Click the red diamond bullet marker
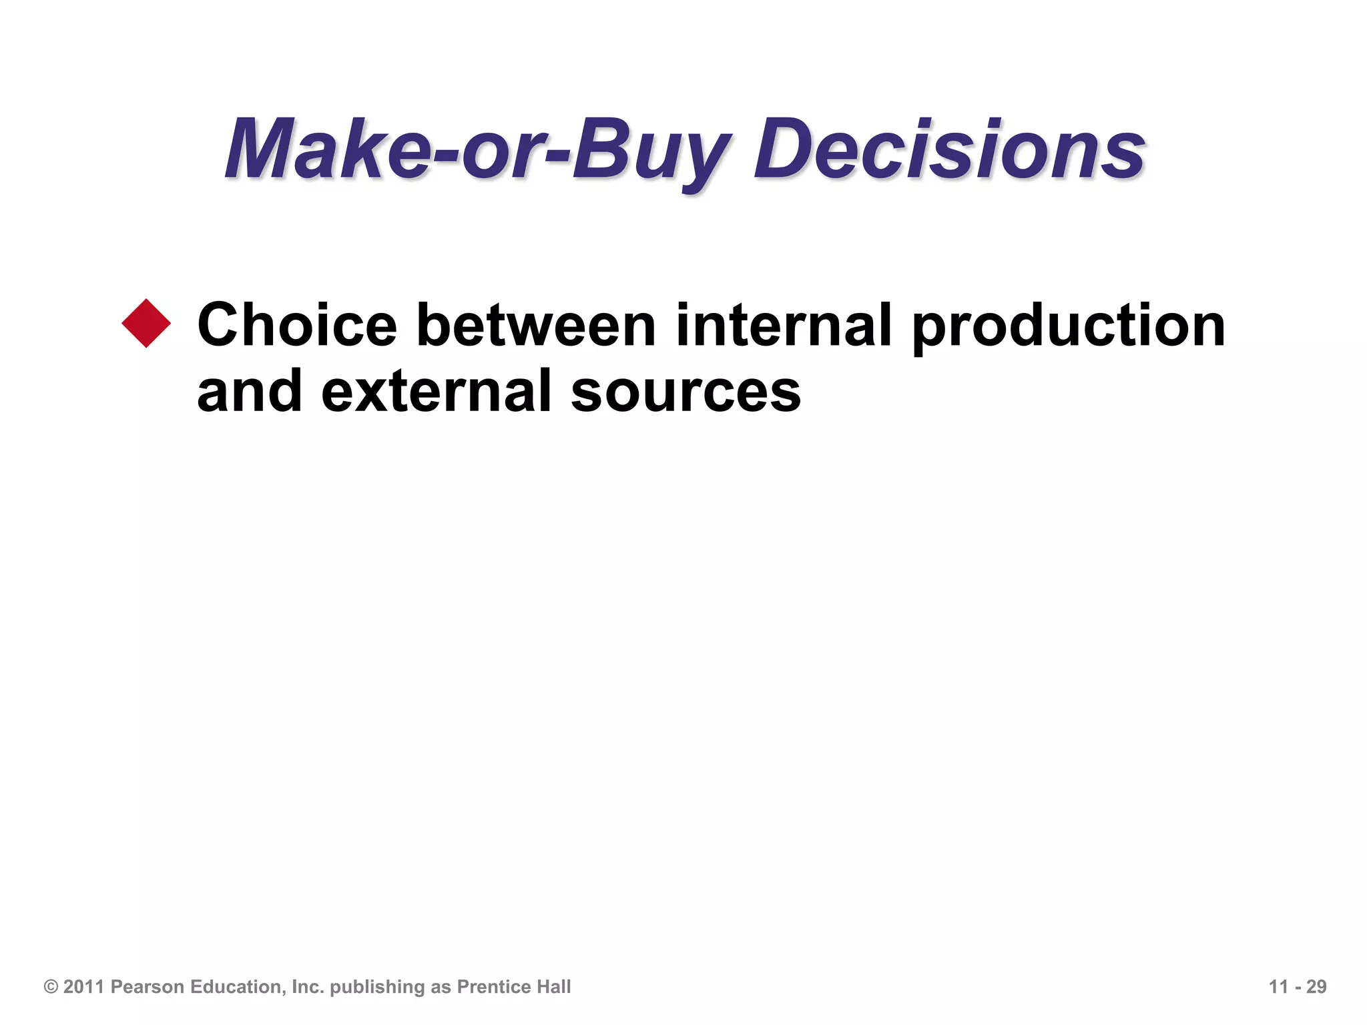pyautogui.click(x=146, y=324)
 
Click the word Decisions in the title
pyautogui.click(x=949, y=149)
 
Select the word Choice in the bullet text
pyautogui.click(x=296, y=325)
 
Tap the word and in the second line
pyautogui.click(x=249, y=392)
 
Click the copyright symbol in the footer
pyautogui.click(x=51, y=987)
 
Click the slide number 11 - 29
pyautogui.click(x=1298, y=987)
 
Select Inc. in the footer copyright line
pyautogui.click(x=307, y=987)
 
